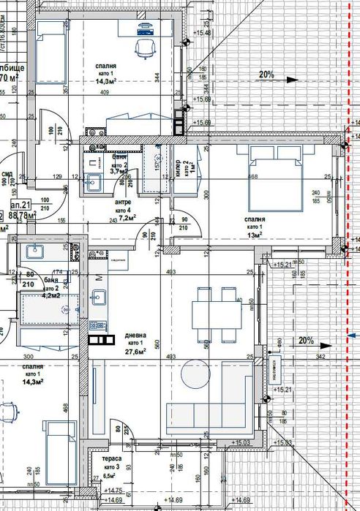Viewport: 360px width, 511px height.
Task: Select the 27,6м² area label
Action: coord(134,351)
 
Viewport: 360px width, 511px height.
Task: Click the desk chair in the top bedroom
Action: coord(144,48)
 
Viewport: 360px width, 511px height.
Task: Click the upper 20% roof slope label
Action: coord(266,74)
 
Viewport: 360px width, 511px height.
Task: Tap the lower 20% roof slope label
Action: coord(305,340)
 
